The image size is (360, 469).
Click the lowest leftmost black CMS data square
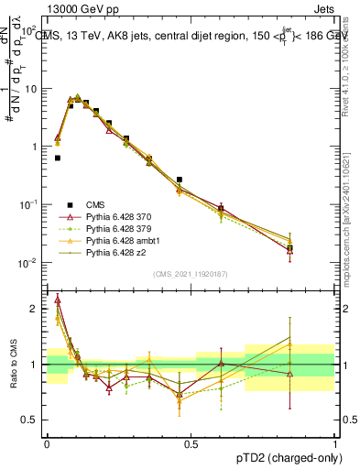(58, 158)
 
